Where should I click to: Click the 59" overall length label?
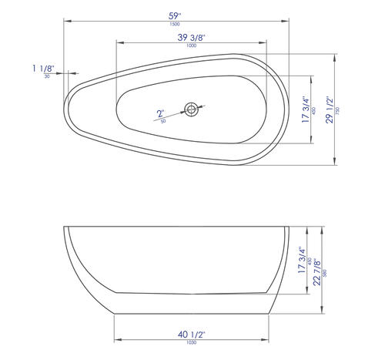[175, 16]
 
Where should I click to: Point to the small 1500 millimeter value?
[175, 24]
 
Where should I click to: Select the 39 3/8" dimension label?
[192, 38]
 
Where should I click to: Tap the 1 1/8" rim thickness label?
[43, 69]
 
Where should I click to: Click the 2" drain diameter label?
[161, 113]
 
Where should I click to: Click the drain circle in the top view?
[191, 109]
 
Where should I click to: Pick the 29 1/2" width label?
[330, 109]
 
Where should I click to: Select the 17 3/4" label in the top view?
[306, 109]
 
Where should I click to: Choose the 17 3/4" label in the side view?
[302, 261]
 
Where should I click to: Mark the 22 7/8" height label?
[317, 272]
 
